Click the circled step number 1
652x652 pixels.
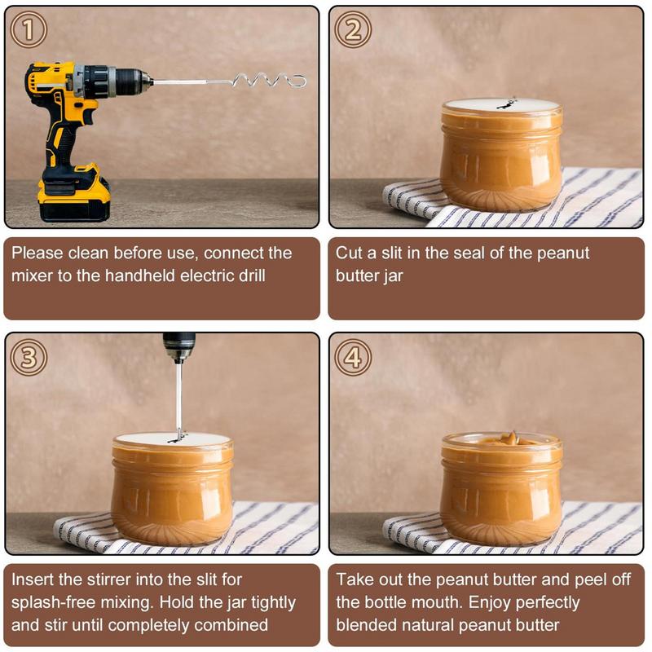coord(29,30)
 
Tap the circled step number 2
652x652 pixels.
coord(353,30)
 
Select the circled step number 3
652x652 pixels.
coord(29,357)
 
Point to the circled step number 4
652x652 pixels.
coord(353,357)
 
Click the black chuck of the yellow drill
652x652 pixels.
coord(131,81)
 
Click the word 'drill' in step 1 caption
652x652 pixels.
coord(246,275)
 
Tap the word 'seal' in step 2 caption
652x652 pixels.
coord(470,253)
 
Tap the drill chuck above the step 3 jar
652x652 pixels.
coord(178,346)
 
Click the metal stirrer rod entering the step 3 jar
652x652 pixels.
coord(178,399)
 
